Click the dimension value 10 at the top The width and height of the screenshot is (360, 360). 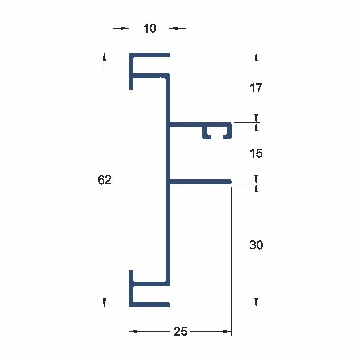pyautogui.click(x=150, y=28)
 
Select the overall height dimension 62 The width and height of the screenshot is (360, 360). pyautogui.click(x=104, y=179)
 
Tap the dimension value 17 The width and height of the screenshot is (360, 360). pyautogui.click(x=256, y=88)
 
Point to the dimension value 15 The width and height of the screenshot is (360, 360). pyautogui.click(x=256, y=153)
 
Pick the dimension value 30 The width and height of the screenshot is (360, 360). pyautogui.click(x=256, y=245)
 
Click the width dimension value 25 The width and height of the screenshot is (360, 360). pyautogui.click(x=180, y=331)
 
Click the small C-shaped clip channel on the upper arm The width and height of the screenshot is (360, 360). pyautogui.click(x=217, y=131)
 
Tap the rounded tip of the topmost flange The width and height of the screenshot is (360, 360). pyautogui.click(x=168, y=55)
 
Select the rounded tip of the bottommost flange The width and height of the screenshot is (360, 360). pyautogui.click(x=168, y=305)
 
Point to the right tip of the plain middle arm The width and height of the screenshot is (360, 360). pyautogui.click(x=230, y=182)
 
